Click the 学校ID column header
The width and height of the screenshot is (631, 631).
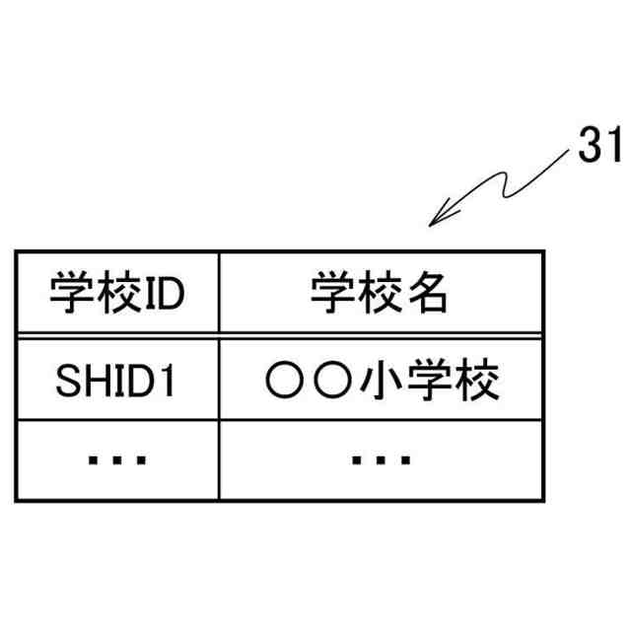tap(116, 294)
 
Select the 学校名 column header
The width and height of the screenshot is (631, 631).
tap(381, 294)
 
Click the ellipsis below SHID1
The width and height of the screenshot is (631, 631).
tap(116, 459)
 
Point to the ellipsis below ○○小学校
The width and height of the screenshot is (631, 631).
tap(381, 459)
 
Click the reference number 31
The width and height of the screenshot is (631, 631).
tap(597, 148)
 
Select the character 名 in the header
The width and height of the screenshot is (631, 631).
tap(427, 294)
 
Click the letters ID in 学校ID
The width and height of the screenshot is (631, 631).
tap(164, 294)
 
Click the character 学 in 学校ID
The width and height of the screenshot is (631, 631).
tap(69, 294)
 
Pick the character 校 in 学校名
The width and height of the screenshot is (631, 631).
tap(381, 294)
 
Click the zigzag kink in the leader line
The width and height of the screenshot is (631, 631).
tap(502, 187)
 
